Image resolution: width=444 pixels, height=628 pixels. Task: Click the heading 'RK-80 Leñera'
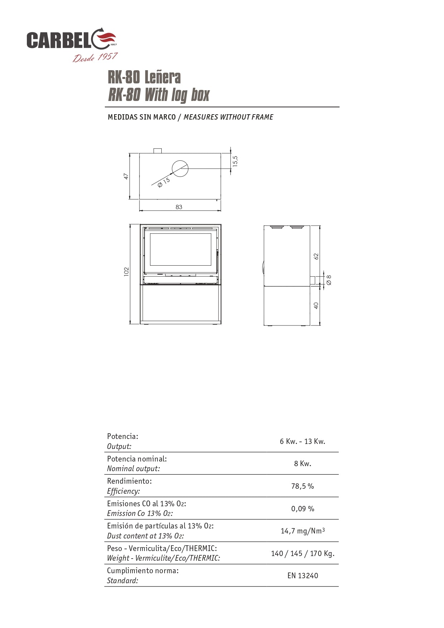click(144, 77)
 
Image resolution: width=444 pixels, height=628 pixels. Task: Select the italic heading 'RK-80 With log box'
click(158, 95)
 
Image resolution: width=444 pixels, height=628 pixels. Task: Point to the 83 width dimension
click(179, 207)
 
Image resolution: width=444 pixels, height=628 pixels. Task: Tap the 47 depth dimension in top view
click(126, 176)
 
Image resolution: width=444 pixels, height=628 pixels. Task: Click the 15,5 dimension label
click(235, 161)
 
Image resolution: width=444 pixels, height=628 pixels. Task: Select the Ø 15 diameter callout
click(164, 182)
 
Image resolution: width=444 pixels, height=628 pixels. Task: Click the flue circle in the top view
click(180, 169)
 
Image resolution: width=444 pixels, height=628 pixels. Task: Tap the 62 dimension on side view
click(316, 256)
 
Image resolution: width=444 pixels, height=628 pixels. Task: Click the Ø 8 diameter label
click(329, 280)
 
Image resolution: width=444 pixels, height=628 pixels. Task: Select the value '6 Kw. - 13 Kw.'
click(302, 441)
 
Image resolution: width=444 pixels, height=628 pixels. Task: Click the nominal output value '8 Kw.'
click(303, 464)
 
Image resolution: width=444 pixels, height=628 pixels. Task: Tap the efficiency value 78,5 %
click(302, 486)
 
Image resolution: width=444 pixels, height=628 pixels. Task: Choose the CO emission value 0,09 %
click(303, 509)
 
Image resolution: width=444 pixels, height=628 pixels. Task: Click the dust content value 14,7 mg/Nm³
click(303, 531)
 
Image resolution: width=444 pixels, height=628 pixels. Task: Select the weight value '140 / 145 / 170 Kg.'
click(303, 554)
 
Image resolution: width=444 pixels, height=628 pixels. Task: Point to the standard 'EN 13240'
click(303, 576)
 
